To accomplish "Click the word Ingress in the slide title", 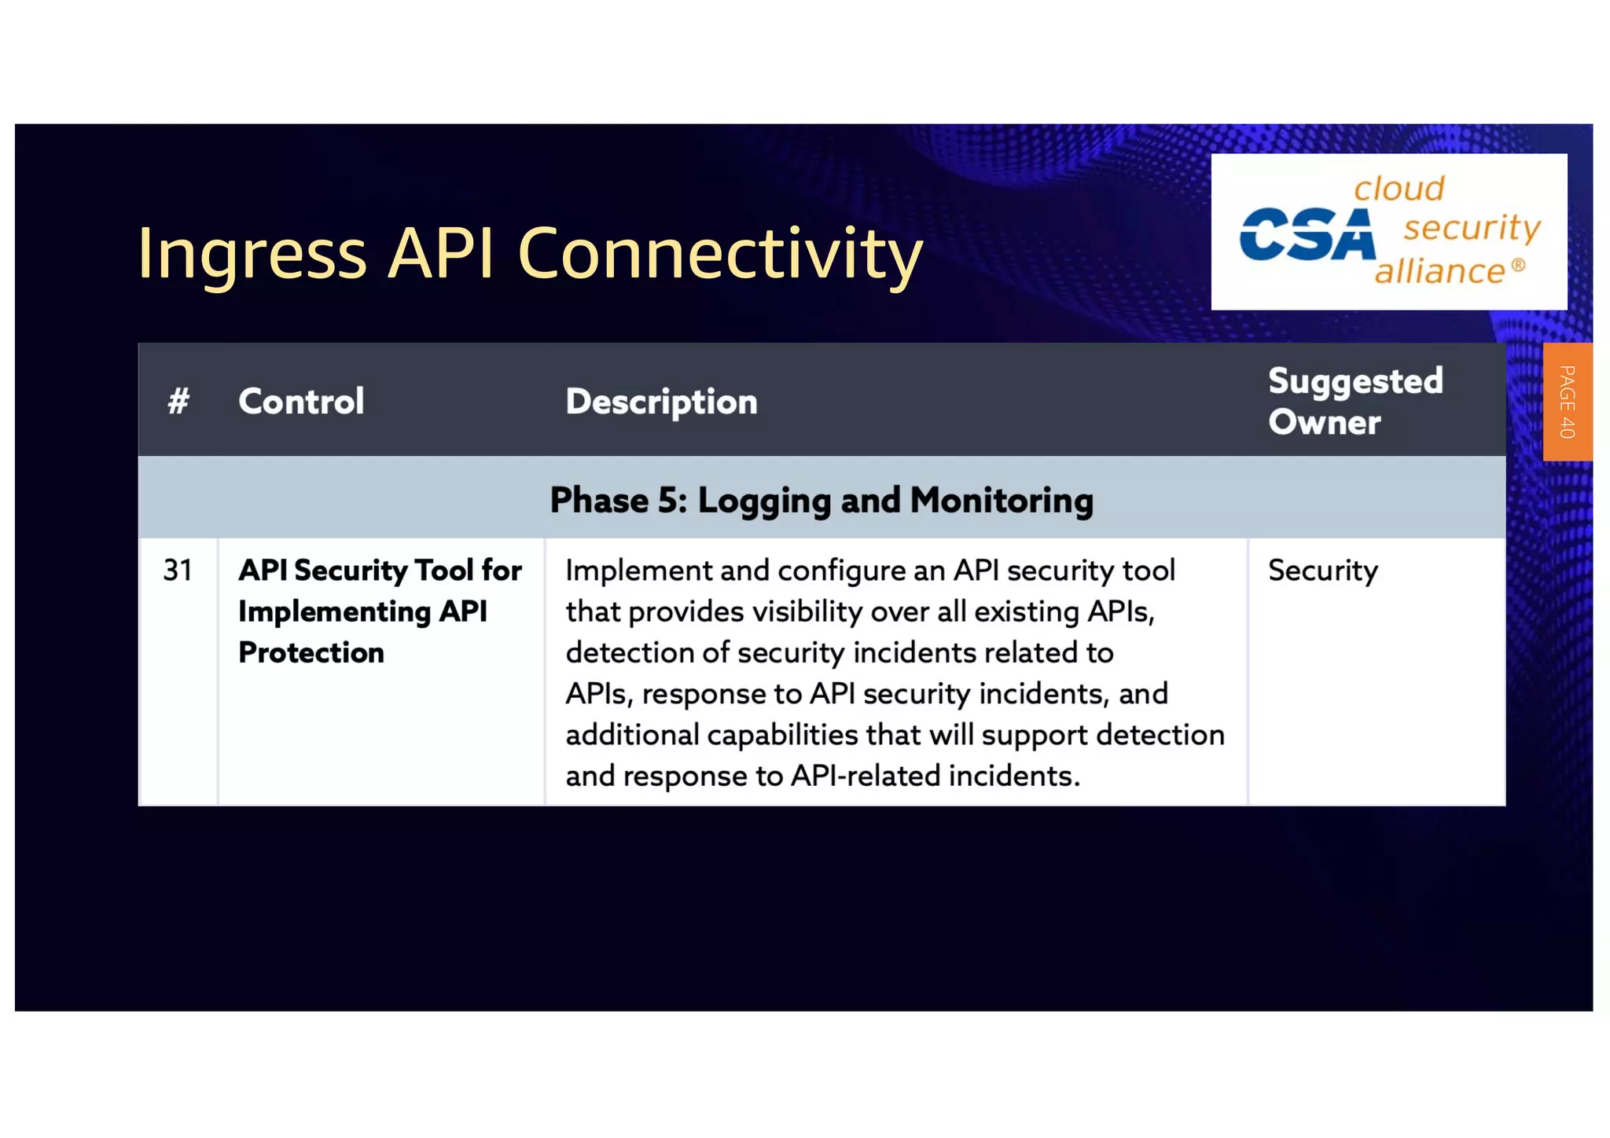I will [x=252, y=254].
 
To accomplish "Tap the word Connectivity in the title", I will [x=719, y=254].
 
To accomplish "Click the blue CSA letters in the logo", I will [x=1307, y=234].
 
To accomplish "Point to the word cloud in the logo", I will [x=1399, y=189].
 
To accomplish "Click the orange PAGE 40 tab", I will [x=1567, y=402].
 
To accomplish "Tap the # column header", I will [x=178, y=401].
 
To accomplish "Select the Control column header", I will [x=301, y=401].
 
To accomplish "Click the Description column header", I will [x=661, y=402].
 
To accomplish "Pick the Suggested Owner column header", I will [x=1355, y=401].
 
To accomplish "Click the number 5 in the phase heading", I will [x=671, y=500].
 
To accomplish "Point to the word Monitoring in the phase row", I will [x=1002, y=500].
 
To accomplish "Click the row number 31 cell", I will [x=178, y=570].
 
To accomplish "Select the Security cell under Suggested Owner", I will [x=1323, y=571].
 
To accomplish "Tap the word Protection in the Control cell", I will [x=311, y=652].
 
